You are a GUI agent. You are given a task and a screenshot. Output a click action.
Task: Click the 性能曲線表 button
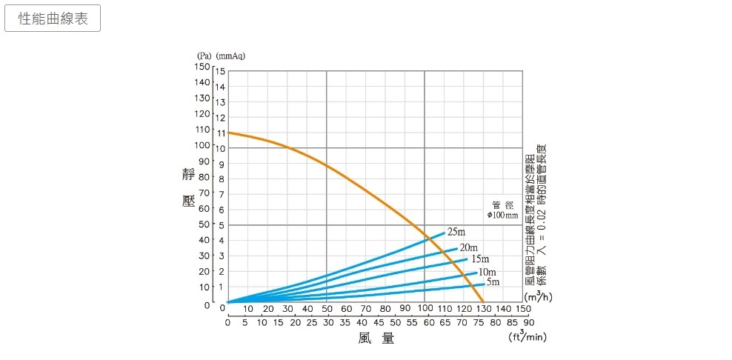53,19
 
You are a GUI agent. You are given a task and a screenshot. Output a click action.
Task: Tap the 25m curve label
456,233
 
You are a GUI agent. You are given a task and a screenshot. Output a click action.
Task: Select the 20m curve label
468,247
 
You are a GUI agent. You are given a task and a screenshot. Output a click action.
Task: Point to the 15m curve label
480,259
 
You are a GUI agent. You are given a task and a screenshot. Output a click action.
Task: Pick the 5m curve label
493,281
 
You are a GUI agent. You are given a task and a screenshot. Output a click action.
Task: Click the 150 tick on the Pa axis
202,67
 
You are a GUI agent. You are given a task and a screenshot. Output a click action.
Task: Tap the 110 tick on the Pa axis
202,130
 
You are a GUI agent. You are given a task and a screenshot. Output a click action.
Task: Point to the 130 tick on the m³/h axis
483,308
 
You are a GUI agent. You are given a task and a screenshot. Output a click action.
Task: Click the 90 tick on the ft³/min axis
528,322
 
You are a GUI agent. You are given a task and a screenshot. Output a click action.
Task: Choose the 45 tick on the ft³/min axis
379,322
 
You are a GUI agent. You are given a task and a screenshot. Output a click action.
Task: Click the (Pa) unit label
204,56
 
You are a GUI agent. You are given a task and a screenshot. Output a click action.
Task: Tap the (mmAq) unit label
230,56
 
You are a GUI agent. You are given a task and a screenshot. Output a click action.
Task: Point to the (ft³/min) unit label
528,338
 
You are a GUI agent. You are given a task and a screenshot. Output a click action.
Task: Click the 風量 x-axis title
376,339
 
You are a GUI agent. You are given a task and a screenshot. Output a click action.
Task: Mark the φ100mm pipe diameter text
503,215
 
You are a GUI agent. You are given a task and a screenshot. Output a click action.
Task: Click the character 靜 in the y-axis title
189,175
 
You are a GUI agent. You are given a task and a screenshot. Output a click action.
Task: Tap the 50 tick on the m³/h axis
327,308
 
